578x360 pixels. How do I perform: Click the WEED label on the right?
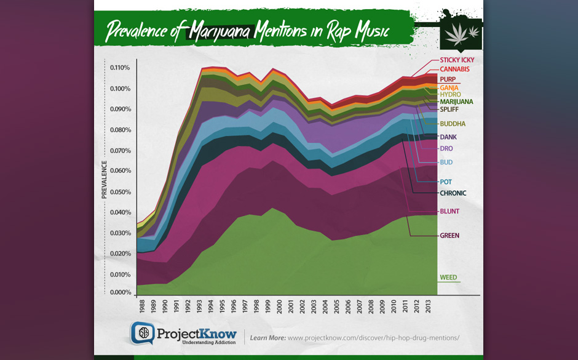point(448,278)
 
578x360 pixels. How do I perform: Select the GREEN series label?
point(449,236)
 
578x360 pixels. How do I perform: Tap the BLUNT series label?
point(449,212)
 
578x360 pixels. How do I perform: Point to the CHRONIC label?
point(453,193)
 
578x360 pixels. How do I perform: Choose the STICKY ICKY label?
point(457,60)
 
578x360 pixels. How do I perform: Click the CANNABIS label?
point(454,70)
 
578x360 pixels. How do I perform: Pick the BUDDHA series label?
point(453,124)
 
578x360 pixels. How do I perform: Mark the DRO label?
point(446,149)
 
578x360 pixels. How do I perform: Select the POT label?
point(446,182)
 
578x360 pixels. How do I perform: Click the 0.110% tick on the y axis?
point(120,68)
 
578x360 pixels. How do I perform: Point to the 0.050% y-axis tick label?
point(120,192)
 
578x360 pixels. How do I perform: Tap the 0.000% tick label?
point(120,292)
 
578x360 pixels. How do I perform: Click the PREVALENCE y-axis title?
point(105,180)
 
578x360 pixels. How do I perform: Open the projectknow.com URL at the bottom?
point(373,338)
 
